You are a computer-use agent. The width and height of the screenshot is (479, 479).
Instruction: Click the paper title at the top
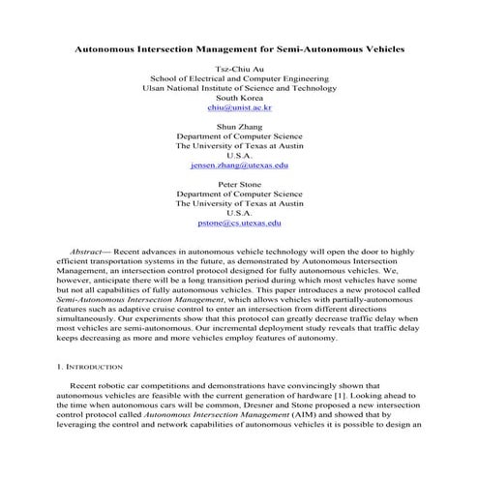pyautogui.click(x=240, y=46)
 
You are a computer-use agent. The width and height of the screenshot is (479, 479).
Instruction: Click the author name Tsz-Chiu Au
pyautogui.click(x=240, y=69)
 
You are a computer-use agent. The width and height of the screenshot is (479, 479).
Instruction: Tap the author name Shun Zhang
pyautogui.click(x=240, y=126)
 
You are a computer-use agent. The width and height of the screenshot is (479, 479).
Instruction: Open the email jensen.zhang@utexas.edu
pyautogui.click(x=240, y=165)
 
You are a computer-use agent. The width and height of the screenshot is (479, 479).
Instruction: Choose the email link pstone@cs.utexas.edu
pyautogui.click(x=240, y=223)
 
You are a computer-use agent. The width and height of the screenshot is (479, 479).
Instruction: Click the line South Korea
pyautogui.click(x=240, y=98)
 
